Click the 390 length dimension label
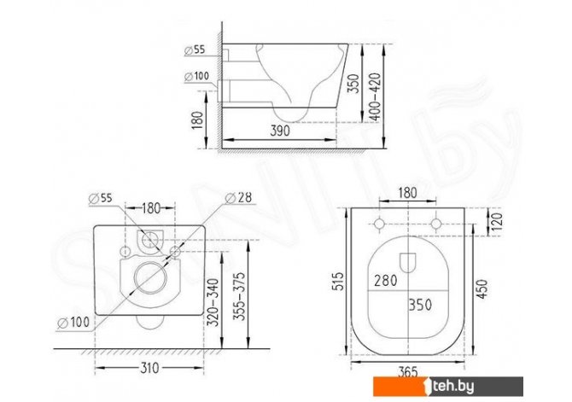point(280,131)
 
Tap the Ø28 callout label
point(238,197)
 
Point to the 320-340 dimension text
point(213,302)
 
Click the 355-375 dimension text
point(239,296)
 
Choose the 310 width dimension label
point(149,368)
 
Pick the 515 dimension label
point(339,281)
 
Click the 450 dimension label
point(482,289)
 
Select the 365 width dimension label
point(407,372)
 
